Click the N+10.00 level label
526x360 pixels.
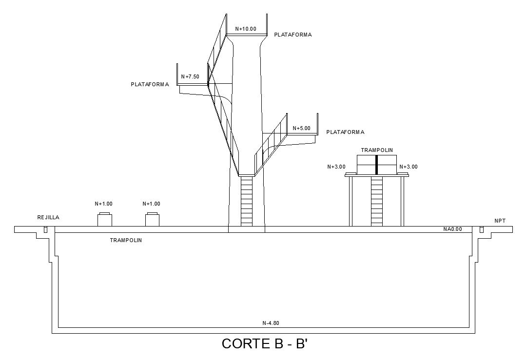pyautogui.click(x=246, y=29)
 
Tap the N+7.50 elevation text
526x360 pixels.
pyautogui.click(x=190, y=76)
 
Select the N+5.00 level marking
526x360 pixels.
pyautogui.click(x=301, y=129)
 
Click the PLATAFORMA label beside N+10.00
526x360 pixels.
pyautogui.click(x=293, y=35)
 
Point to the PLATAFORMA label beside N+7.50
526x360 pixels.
pyautogui.click(x=150, y=84)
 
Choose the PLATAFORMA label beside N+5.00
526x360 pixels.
pyautogui.click(x=345, y=132)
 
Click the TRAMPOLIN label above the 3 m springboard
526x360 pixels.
pyautogui.click(x=377, y=151)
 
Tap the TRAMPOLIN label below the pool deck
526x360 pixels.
pyautogui.click(x=126, y=240)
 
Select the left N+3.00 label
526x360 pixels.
pyautogui.click(x=336, y=167)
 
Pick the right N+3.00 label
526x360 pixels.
pyautogui.click(x=409, y=167)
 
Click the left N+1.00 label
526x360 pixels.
pyautogui.click(x=103, y=204)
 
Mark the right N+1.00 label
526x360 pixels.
pyautogui.click(x=151, y=204)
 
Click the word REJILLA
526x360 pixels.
pyautogui.click(x=48, y=218)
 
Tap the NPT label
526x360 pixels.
pyautogui.click(x=500, y=221)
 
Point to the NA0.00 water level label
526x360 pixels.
pyautogui.click(x=452, y=229)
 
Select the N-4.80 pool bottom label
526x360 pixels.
pyautogui.click(x=271, y=322)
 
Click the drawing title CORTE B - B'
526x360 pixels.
pyautogui.click(x=264, y=343)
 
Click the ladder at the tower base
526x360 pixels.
pyautogui.click(x=247, y=201)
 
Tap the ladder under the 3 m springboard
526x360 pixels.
pyautogui.click(x=377, y=201)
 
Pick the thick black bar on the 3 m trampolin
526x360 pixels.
pyautogui.click(x=377, y=165)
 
